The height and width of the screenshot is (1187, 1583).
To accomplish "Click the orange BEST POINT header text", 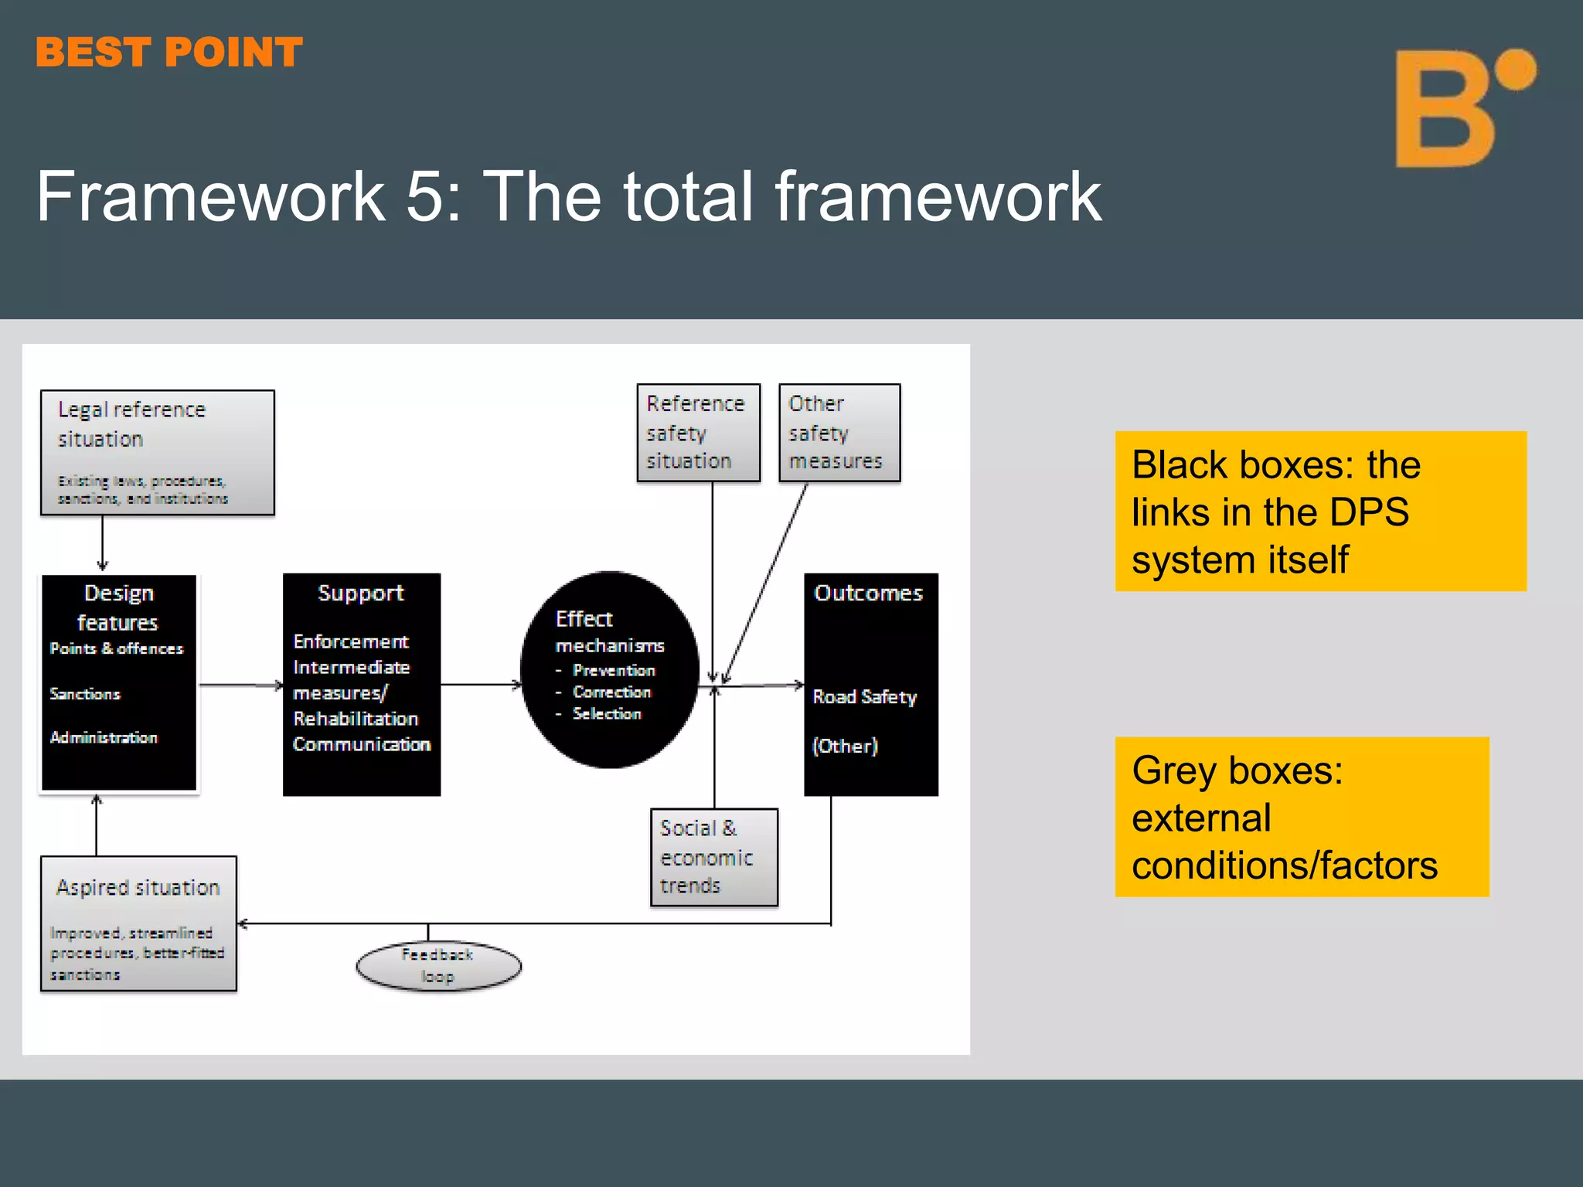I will click(x=169, y=53).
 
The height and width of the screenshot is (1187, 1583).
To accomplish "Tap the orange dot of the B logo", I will click(x=1514, y=70).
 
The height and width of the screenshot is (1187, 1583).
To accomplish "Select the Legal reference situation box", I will click(x=157, y=452).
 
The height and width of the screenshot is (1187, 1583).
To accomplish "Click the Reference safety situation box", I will click(x=698, y=433).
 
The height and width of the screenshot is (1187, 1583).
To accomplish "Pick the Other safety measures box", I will click(x=839, y=433).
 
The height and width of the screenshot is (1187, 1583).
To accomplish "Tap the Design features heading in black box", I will click(x=118, y=607).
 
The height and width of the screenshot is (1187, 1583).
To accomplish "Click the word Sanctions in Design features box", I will click(x=85, y=694).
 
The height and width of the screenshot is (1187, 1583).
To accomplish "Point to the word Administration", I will click(x=104, y=737).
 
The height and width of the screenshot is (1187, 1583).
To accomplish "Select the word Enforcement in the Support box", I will click(x=351, y=641).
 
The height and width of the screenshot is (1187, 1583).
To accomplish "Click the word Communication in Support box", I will click(x=362, y=744).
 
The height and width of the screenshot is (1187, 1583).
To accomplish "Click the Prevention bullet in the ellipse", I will click(x=613, y=670).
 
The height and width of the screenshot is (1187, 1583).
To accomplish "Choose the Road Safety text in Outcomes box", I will click(x=864, y=697).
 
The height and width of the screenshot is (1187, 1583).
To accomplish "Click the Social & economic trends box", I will click(x=713, y=857).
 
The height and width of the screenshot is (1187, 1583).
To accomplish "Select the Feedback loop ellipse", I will click(x=438, y=965).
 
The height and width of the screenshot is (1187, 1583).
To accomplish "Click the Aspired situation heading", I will click(x=138, y=887).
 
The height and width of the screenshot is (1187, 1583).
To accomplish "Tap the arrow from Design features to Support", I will click(x=240, y=685).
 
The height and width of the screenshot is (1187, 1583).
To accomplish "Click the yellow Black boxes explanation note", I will click(x=1320, y=512).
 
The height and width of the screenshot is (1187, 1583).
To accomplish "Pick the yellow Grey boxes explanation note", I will click(x=1302, y=817).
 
